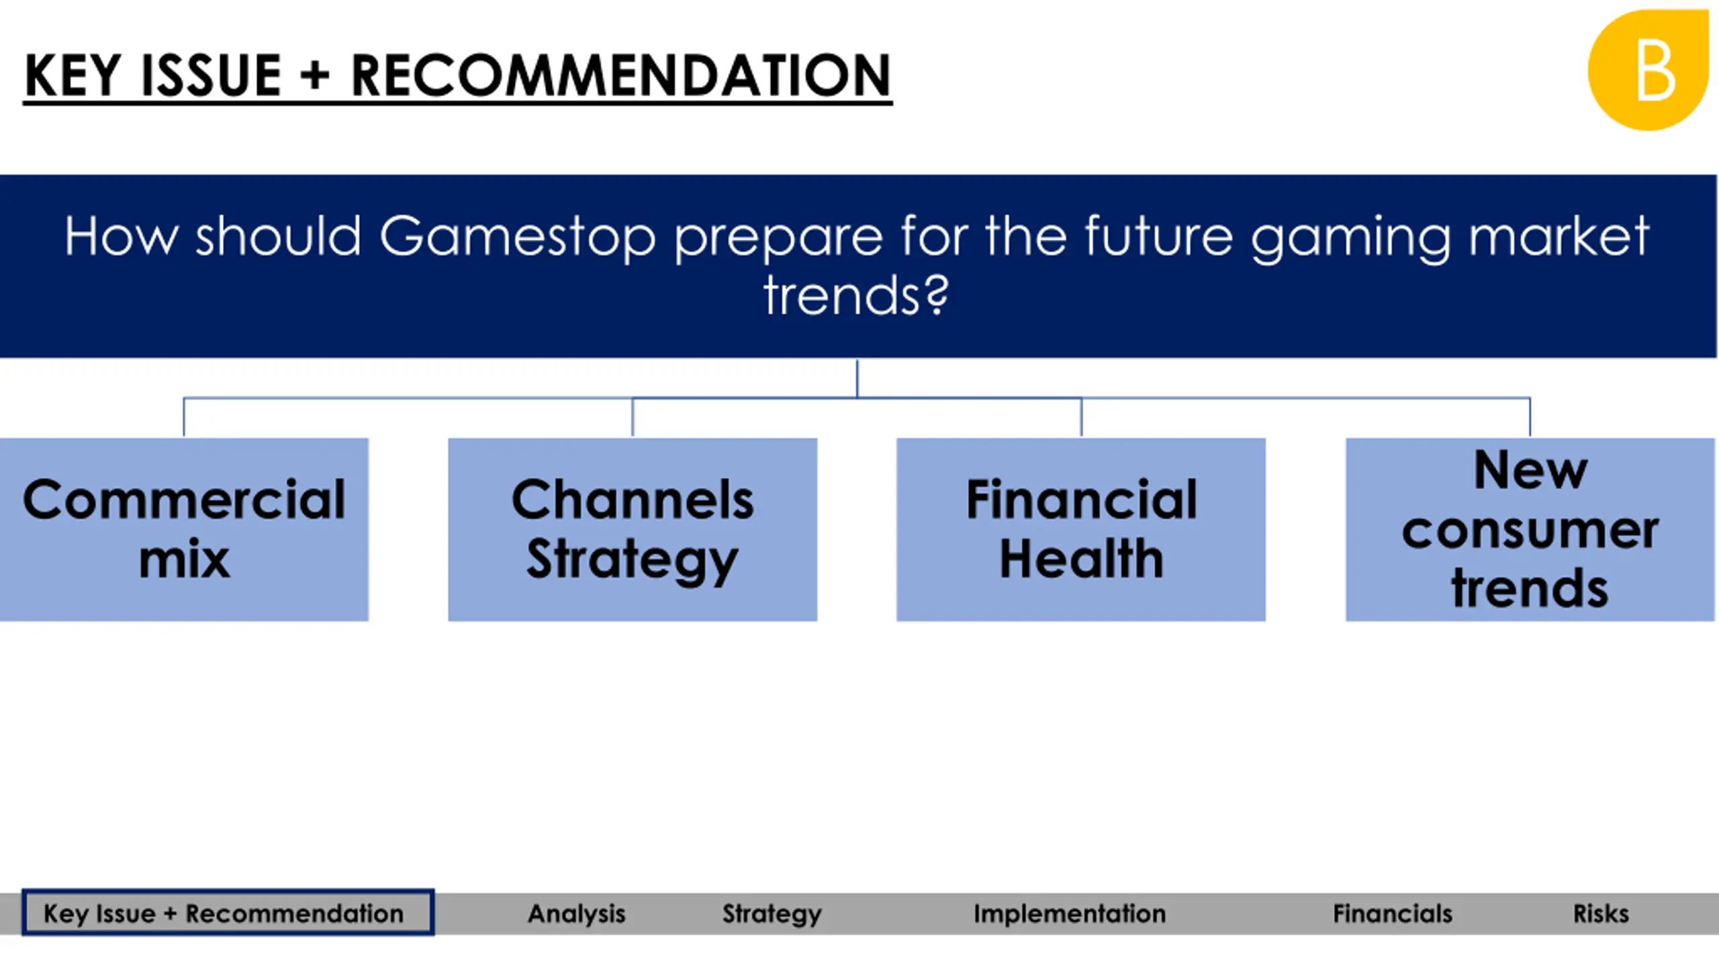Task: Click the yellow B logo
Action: tap(1648, 70)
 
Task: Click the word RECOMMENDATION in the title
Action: tap(621, 75)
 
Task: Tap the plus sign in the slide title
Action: tap(315, 76)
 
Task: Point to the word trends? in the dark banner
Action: tap(857, 295)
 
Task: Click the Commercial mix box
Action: tap(184, 529)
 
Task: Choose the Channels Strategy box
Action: tap(633, 529)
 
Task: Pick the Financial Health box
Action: tap(1081, 529)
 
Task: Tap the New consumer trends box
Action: tap(1530, 529)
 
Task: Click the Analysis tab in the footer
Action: tap(577, 913)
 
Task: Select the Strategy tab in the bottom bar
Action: tap(772, 915)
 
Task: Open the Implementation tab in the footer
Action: tap(1070, 914)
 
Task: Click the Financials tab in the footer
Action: tap(1393, 913)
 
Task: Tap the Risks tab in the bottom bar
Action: tap(1601, 913)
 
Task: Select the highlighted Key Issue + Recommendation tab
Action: tap(228, 913)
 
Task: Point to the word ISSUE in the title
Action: tap(211, 75)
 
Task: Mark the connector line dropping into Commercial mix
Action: tap(184, 417)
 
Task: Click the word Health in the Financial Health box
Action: tap(1081, 559)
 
